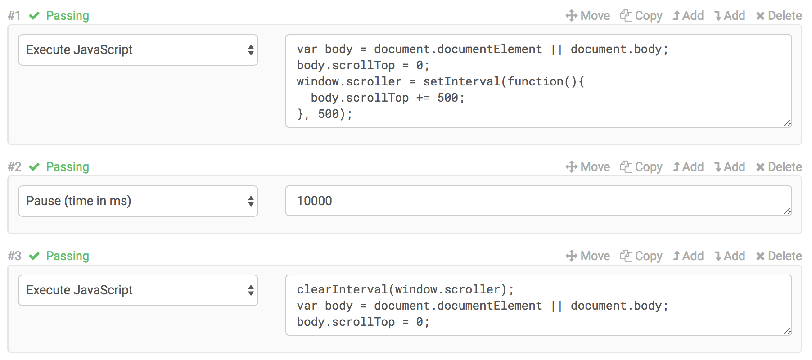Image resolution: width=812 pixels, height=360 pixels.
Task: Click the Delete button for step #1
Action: coord(779,16)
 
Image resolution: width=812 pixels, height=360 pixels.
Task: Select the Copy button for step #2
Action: coord(641,167)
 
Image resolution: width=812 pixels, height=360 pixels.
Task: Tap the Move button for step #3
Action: coord(588,256)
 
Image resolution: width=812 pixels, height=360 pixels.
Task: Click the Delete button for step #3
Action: coord(779,256)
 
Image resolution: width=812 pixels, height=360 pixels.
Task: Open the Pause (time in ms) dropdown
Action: coord(138,201)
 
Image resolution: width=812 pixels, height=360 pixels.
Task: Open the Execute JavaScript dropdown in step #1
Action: coord(138,50)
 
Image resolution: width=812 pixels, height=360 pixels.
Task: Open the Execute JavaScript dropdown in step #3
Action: coord(138,290)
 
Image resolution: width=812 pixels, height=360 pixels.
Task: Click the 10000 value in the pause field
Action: coord(315,201)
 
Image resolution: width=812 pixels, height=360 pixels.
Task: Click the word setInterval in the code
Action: coord(461,81)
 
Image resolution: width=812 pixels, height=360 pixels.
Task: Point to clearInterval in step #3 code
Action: coord(342,289)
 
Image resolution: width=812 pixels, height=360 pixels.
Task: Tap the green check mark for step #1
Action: coord(34,16)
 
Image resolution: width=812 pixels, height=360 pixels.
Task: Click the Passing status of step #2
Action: coord(68,167)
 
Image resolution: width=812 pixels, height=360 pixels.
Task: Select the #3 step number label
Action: coord(14,256)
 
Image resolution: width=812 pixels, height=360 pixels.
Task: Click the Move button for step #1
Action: coord(588,16)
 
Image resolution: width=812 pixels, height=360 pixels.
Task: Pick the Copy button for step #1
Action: coord(641,16)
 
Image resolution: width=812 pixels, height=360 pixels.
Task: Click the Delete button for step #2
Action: coord(779,167)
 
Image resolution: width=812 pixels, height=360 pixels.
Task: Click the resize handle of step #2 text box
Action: coord(787,211)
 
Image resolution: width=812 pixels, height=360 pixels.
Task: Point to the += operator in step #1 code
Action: coord(423,98)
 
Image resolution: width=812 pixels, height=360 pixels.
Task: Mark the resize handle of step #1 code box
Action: coord(787,123)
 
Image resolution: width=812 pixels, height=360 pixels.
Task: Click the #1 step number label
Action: coord(14,16)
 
